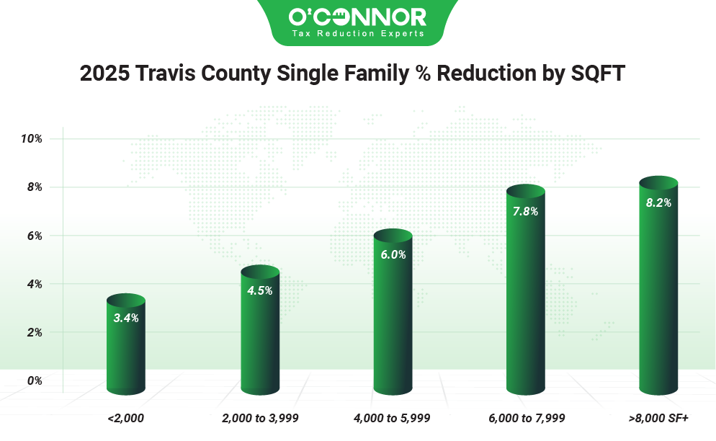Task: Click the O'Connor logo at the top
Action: click(x=357, y=22)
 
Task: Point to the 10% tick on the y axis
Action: click(x=32, y=138)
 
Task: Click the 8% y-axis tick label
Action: click(x=34, y=187)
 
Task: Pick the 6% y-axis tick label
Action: click(x=34, y=236)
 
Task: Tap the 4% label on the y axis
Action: click(x=34, y=284)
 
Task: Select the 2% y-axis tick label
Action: click(x=34, y=332)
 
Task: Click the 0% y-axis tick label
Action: click(x=34, y=380)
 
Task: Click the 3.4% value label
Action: click(x=126, y=317)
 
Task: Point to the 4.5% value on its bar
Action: click(x=260, y=290)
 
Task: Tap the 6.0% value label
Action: click(x=394, y=254)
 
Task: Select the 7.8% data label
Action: click(x=526, y=211)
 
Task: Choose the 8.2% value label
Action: click(x=658, y=202)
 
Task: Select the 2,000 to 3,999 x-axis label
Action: click(x=260, y=417)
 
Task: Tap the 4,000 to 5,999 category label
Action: click(x=393, y=417)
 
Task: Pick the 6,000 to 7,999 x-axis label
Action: click(x=526, y=417)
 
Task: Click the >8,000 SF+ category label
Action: click(x=658, y=417)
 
